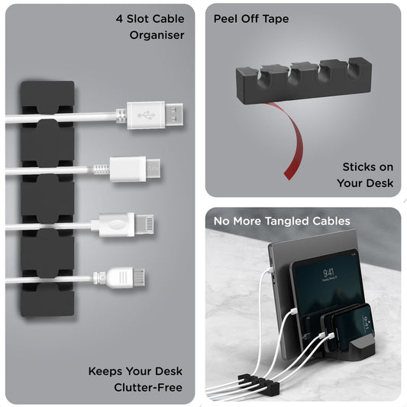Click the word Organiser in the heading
(157, 35)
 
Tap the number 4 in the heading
(120, 18)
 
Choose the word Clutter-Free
(149, 389)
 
